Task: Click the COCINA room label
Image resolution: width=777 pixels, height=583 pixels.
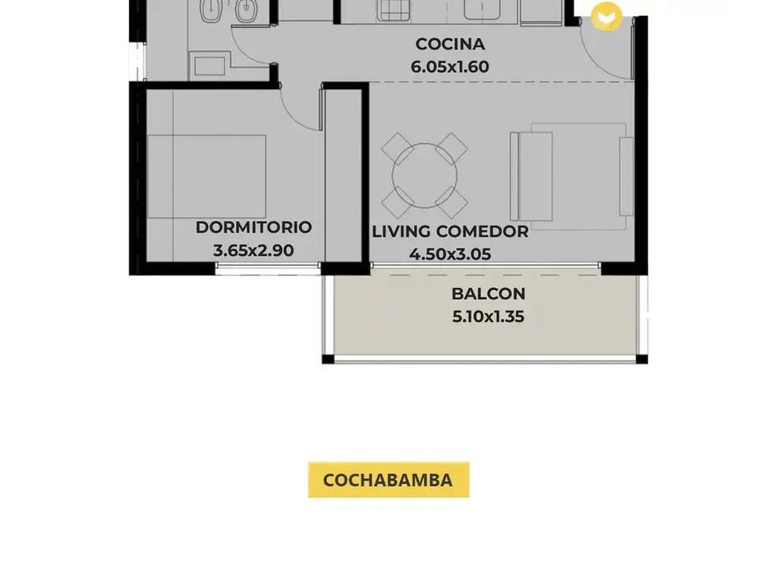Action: click(x=450, y=44)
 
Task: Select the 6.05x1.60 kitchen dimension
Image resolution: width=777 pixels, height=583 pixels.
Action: click(x=450, y=67)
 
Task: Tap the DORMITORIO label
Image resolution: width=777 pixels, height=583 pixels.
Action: click(x=253, y=227)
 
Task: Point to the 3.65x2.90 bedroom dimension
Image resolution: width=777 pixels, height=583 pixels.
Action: click(x=253, y=251)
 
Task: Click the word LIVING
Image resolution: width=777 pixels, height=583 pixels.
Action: click(x=401, y=232)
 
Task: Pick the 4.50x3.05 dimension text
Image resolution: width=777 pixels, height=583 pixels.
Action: click(x=450, y=254)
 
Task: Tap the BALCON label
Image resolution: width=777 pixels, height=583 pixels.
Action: click(x=488, y=294)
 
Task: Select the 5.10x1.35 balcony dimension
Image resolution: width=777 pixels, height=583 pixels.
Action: click(x=488, y=317)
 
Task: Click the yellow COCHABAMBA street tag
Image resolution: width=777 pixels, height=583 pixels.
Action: click(x=388, y=480)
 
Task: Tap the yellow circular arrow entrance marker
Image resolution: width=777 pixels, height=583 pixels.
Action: click(x=606, y=17)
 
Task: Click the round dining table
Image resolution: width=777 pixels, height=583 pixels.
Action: click(x=425, y=175)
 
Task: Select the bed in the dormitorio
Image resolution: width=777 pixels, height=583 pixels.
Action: click(x=206, y=176)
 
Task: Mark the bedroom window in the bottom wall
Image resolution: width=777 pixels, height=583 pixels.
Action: click(x=268, y=269)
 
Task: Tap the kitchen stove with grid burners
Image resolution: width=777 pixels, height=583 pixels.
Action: click(x=394, y=10)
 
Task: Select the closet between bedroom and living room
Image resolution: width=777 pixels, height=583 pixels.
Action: click(x=344, y=176)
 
